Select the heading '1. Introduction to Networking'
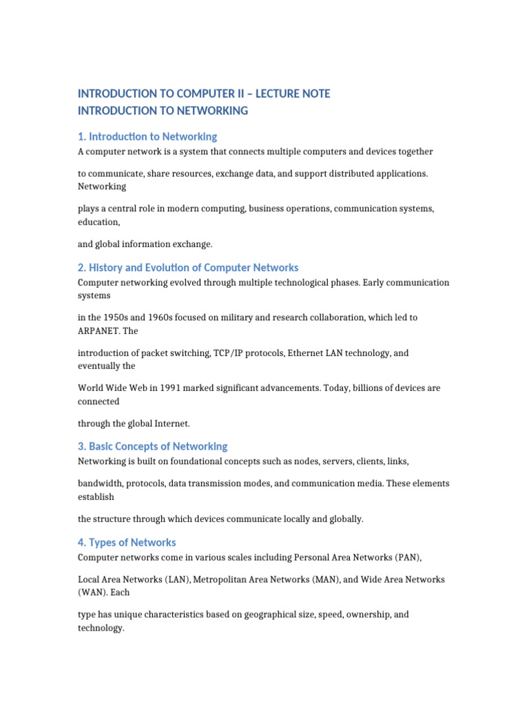[x=147, y=136]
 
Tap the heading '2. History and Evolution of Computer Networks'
[x=188, y=267]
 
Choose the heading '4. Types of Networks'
[x=127, y=543]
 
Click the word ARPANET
[x=100, y=330]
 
